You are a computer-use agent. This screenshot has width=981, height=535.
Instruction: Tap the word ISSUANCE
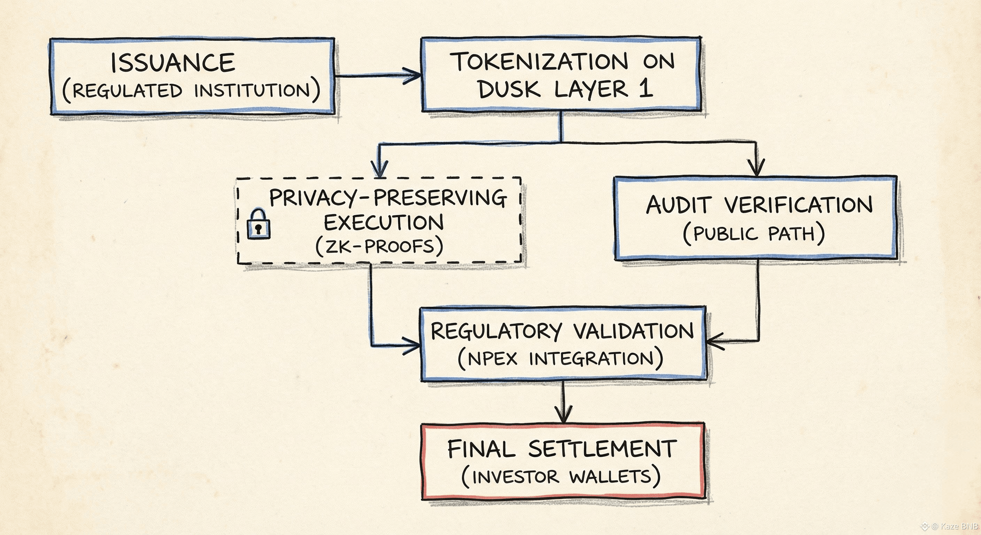[x=173, y=63]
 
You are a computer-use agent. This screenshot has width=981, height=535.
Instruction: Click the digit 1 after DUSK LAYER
[x=646, y=89]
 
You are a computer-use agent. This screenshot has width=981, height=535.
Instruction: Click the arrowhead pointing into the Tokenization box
[x=412, y=75]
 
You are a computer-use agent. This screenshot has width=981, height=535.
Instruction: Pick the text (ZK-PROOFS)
[x=379, y=246]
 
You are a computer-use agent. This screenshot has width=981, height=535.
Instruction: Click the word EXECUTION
[x=384, y=223]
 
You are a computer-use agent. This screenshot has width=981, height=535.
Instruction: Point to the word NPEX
[x=492, y=358]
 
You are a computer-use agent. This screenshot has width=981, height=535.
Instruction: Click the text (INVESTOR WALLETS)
[x=561, y=477]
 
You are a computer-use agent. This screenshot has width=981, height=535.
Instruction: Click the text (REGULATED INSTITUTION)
[x=191, y=91]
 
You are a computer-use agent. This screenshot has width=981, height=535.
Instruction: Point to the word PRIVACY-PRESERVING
[x=388, y=198]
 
